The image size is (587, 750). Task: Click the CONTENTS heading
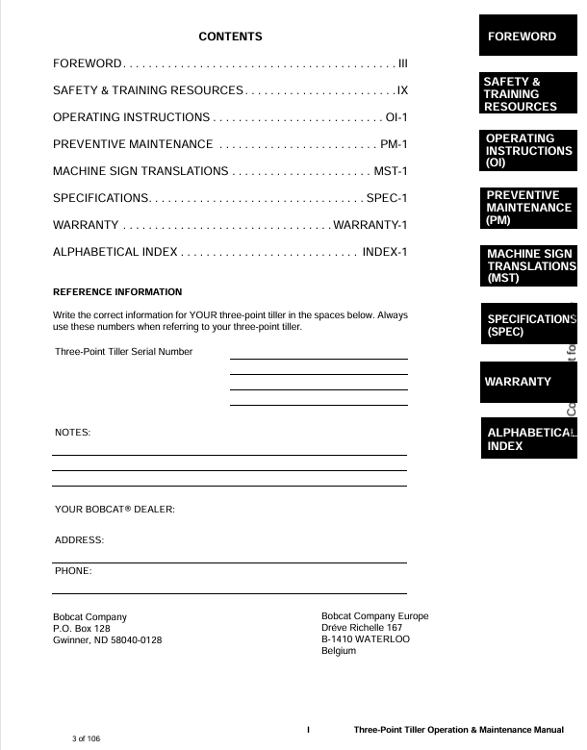click(x=230, y=37)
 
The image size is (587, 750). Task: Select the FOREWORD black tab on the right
click(x=527, y=37)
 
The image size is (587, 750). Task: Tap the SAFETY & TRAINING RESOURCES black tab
click(x=527, y=94)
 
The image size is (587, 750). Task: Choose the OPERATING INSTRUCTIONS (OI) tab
click(x=527, y=151)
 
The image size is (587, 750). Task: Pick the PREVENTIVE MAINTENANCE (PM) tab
click(x=527, y=208)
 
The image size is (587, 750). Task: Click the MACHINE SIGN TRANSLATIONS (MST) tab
click(x=527, y=266)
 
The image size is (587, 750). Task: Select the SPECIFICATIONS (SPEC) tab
click(x=527, y=325)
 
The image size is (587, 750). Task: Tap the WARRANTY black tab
click(x=527, y=382)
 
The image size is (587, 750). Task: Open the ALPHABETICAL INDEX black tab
click(x=527, y=439)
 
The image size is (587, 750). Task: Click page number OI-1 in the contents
click(x=396, y=117)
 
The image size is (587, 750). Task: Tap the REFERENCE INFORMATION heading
click(x=117, y=291)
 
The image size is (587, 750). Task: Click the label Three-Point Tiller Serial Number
click(x=124, y=352)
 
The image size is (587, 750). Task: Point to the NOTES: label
click(x=73, y=434)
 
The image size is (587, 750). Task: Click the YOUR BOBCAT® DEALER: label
click(x=115, y=509)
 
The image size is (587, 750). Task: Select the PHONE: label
click(x=73, y=571)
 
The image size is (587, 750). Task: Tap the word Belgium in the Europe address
click(x=339, y=651)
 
